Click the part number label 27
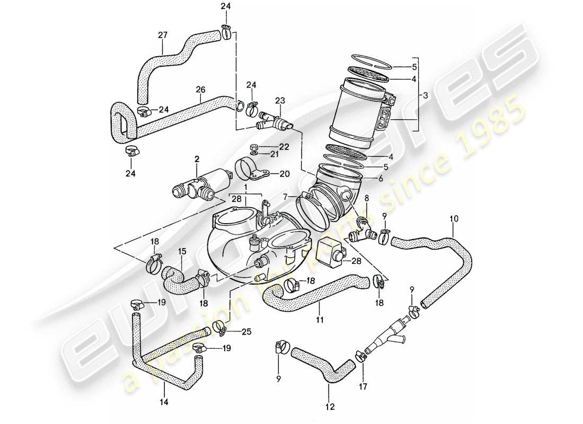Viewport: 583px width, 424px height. (163, 36)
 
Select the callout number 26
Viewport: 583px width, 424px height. (200, 91)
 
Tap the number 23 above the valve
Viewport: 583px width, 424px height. (279, 100)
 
